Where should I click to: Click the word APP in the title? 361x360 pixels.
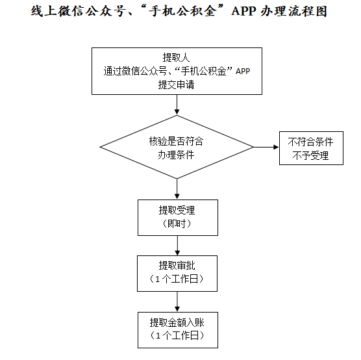coord(243,11)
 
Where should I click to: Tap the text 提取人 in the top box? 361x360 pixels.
coord(176,57)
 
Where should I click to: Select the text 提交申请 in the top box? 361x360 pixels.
coord(176,84)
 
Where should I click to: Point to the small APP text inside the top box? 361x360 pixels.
coord(243,71)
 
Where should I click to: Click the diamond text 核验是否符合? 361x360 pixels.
coord(176,141)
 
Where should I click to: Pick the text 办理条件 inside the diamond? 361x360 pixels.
coord(176,155)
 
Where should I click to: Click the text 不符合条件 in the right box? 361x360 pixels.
coord(310,142)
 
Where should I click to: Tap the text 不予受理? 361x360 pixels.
coord(310,155)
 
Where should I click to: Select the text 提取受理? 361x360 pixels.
coord(177,210)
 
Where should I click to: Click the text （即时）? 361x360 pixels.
coord(177,224)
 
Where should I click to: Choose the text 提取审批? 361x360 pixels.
coord(177,266)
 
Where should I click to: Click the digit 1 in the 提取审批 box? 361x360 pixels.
coord(158,279)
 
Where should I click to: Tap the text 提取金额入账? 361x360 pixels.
coord(177,322)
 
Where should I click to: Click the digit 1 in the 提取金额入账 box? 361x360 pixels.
coord(158,336)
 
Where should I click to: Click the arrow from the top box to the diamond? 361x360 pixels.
coord(177,105)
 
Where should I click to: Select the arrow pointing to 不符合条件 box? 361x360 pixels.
coord(266,147)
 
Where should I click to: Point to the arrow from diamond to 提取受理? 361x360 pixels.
coord(177,188)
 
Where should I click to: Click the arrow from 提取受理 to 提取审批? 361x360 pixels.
coord(177,246)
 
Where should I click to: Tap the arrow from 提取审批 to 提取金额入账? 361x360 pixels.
coord(177,302)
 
